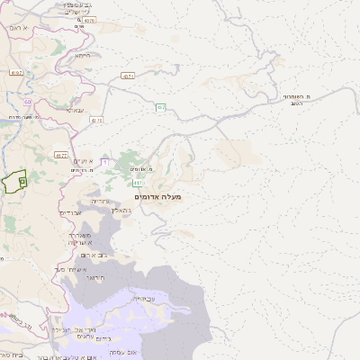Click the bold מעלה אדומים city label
157,196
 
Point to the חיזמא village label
83,55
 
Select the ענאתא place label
76,110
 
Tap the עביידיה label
144,298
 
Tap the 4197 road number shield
16,72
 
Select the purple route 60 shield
28,102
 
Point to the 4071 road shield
127,76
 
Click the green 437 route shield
160,108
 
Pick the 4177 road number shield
61,156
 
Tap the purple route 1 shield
104,160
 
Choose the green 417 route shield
138,183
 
